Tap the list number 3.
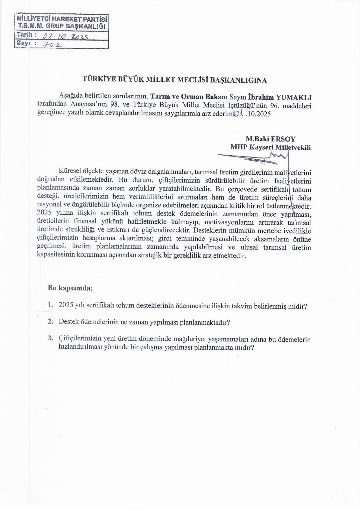coord(50,338)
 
